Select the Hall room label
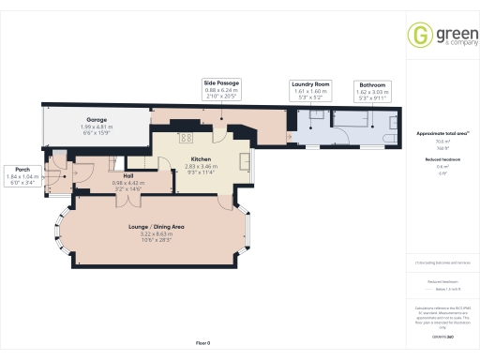tap(125, 175)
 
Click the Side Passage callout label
tap(221, 83)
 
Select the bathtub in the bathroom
tap(356, 120)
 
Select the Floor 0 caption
tap(206, 344)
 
